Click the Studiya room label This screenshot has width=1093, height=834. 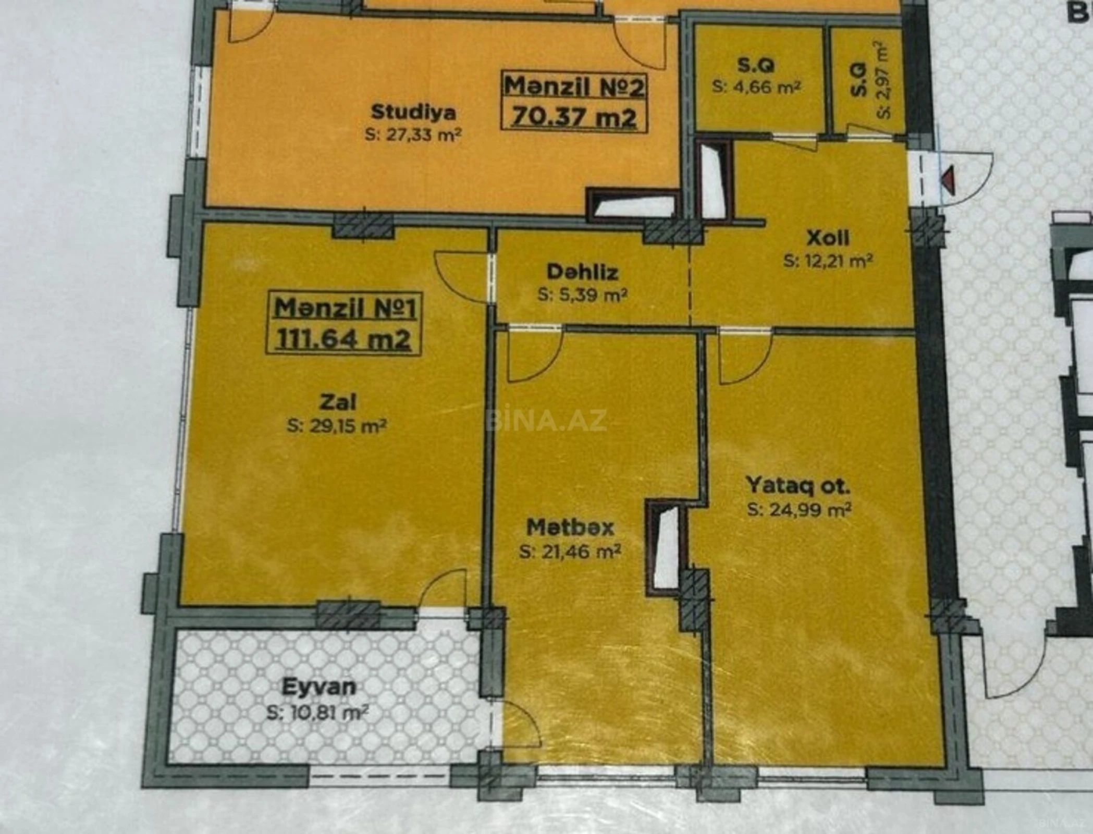coord(413,112)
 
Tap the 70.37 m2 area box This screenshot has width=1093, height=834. coord(574,117)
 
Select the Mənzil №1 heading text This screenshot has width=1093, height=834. coord(345,308)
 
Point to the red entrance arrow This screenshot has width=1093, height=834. coord(949,180)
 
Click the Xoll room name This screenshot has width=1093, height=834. coord(828,238)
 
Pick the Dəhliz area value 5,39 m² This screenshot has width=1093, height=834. coord(582,295)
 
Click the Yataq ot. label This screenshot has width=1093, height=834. coord(798,486)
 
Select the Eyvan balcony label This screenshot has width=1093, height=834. coord(319,687)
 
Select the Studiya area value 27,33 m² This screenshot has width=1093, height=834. coord(413,136)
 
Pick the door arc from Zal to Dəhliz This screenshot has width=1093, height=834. coord(461,276)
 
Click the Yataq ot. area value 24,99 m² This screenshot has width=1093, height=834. coord(799,510)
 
